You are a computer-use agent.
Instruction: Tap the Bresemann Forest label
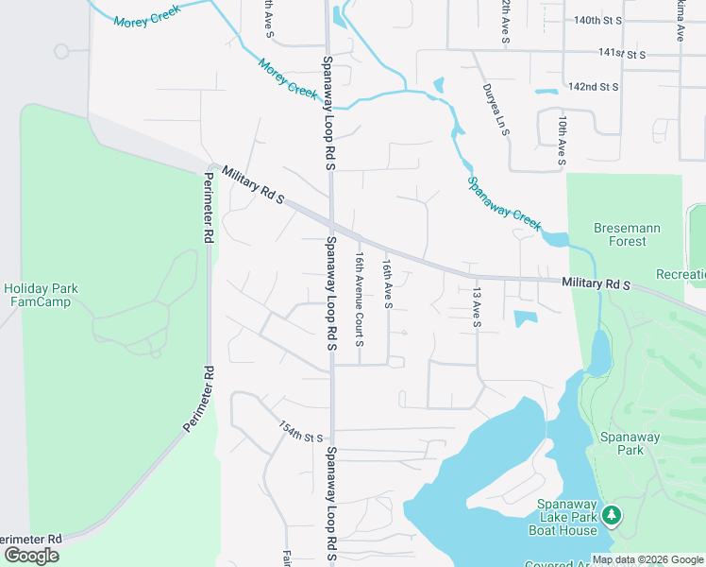(x=627, y=234)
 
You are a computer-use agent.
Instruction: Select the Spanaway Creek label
(x=504, y=203)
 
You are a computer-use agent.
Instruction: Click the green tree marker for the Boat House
(x=612, y=514)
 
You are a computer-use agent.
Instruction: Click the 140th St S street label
(x=598, y=20)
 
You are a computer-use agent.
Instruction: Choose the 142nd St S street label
(x=593, y=87)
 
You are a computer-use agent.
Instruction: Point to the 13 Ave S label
(x=477, y=308)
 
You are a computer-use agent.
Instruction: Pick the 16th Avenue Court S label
(x=360, y=298)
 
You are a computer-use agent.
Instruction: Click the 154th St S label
(x=301, y=432)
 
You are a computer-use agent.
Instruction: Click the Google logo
(x=31, y=556)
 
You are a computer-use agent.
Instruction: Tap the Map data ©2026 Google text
(x=647, y=558)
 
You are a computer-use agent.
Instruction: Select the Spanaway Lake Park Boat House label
(x=568, y=516)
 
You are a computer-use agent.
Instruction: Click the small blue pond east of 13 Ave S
(x=526, y=318)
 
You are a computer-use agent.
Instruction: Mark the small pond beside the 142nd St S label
(x=546, y=92)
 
